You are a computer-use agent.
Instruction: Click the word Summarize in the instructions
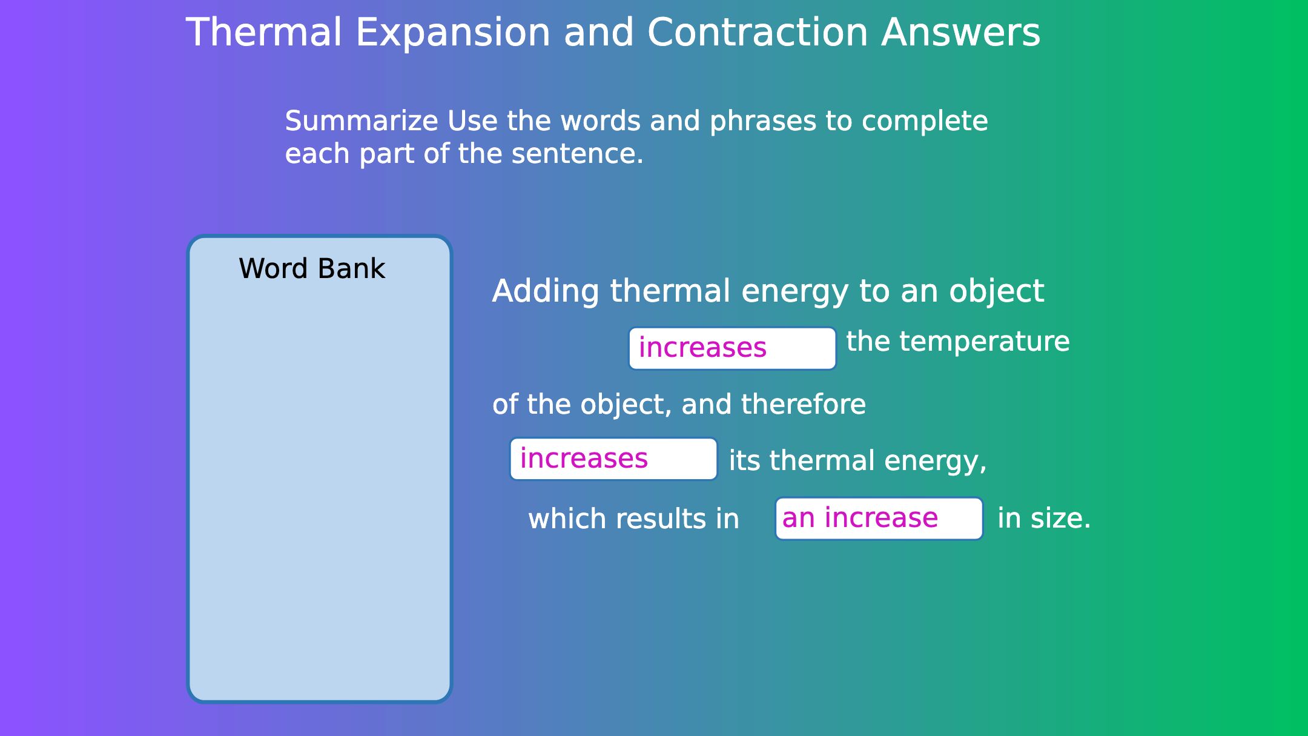coord(362,121)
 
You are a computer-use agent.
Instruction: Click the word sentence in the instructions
coord(578,154)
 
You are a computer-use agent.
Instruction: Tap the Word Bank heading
coord(312,268)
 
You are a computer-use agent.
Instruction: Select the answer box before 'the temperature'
coord(732,348)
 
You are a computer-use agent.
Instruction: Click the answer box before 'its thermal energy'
coord(613,459)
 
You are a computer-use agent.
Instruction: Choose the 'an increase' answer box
coord(879,519)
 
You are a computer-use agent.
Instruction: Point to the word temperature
coord(985,342)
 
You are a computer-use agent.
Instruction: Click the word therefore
coord(804,404)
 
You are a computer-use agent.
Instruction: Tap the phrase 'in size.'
coord(1044,519)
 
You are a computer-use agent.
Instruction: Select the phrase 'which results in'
coord(633,519)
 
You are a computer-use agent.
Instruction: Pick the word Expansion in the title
coord(453,33)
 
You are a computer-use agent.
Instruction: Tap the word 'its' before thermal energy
coord(744,460)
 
